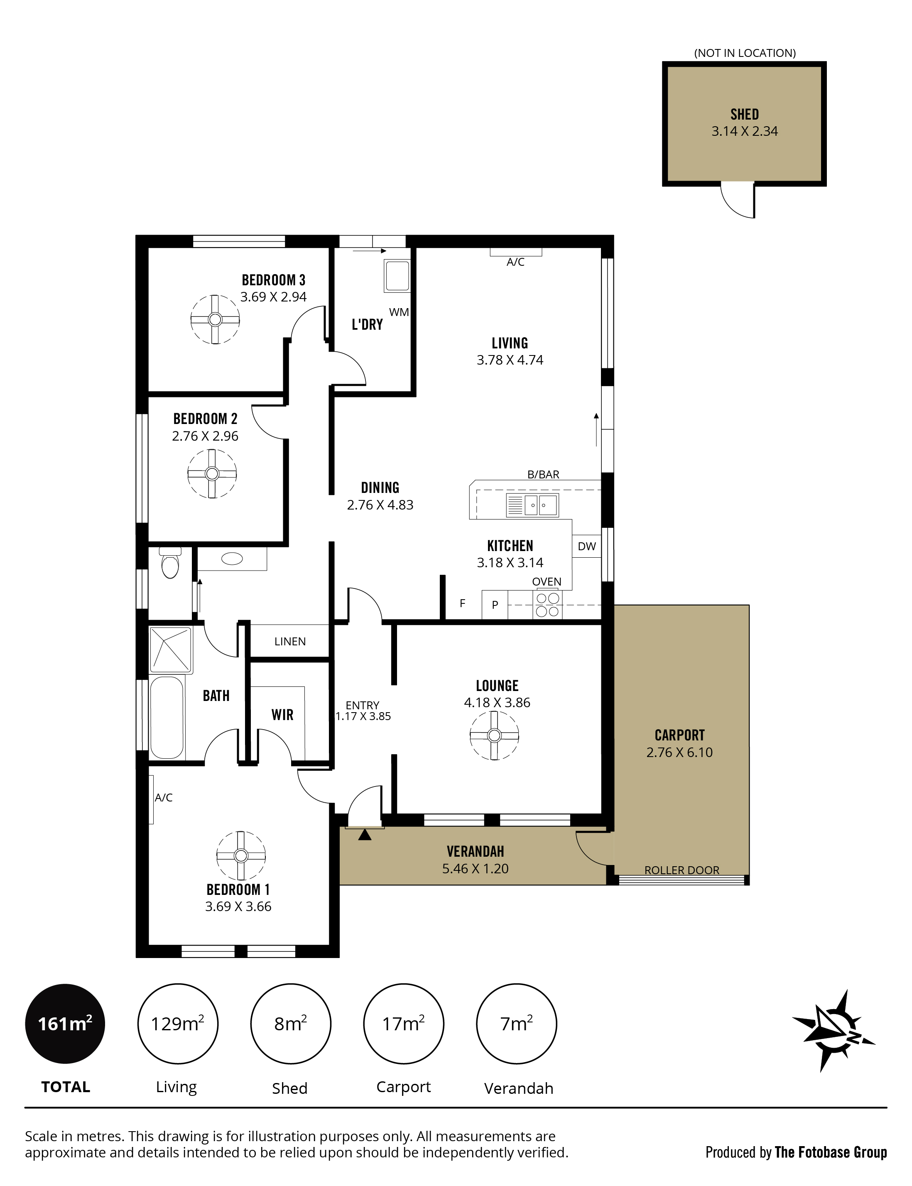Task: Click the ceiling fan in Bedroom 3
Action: point(215,319)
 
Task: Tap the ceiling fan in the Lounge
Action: point(494,735)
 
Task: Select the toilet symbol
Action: point(170,562)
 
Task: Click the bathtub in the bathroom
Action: point(167,717)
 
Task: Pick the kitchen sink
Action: point(532,505)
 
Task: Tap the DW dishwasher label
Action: point(587,546)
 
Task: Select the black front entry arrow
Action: point(365,834)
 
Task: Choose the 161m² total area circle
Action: point(65,1024)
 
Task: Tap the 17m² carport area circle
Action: point(403,1024)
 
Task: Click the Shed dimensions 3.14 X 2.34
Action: point(744,131)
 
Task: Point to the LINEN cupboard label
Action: point(290,642)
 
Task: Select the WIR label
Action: point(282,714)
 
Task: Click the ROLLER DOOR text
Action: point(682,870)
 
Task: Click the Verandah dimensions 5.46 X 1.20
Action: point(475,868)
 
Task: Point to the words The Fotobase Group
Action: point(831,1152)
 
